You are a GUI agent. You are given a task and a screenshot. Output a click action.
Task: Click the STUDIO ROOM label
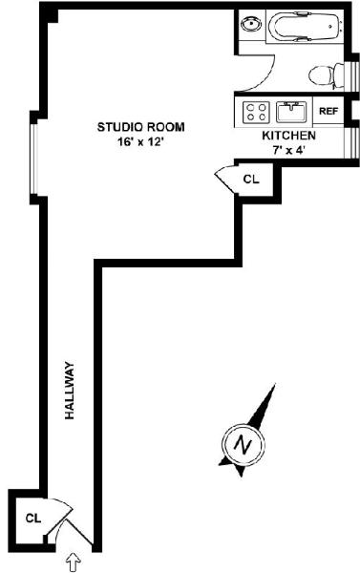click(140, 127)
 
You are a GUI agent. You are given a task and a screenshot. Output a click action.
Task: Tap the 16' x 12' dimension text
click(140, 142)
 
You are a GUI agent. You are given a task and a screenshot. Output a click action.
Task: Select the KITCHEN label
click(288, 136)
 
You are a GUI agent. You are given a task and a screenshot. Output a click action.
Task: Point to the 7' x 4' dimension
click(288, 150)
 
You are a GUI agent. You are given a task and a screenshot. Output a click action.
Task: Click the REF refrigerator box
click(328, 111)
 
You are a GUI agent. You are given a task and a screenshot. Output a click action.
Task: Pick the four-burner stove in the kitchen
click(256, 112)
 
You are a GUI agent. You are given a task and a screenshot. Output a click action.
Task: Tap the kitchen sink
click(291, 112)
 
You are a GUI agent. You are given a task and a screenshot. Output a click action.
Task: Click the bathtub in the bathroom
click(305, 27)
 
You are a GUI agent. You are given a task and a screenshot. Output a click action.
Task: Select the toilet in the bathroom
click(327, 76)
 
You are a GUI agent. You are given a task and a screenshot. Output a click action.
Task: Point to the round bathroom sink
click(251, 25)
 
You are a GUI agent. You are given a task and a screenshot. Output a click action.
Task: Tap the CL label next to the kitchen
click(251, 180)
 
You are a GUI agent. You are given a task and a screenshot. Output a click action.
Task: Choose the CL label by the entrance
click(33, 519)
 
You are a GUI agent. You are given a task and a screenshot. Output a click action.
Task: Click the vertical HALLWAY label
click(70, 391)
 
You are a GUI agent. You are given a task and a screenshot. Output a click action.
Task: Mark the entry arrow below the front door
click(74, 562)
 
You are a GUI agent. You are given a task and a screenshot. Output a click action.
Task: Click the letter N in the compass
click(243, 444)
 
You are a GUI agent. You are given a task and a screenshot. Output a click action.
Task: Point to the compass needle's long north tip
click(275, 384)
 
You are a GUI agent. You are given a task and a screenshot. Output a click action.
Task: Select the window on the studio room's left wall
click(33, 159)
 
